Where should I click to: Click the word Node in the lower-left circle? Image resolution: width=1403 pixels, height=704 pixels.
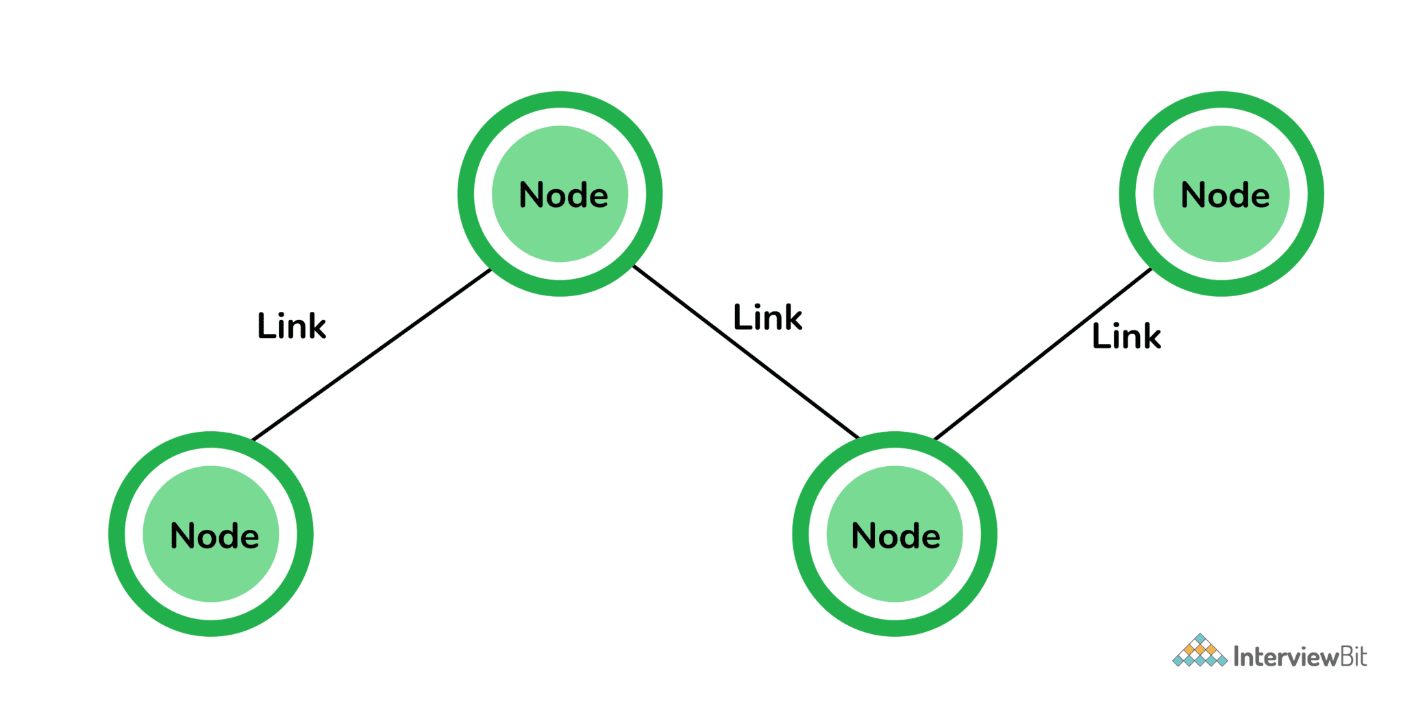(214, 536)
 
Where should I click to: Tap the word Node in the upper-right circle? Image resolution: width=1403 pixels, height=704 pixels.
(1225, 195)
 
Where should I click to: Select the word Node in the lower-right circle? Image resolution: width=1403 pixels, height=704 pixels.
(895, 536)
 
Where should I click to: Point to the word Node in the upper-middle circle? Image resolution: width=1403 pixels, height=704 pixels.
(563, 195)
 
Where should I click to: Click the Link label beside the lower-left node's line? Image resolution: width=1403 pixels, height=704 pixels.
(292, 326)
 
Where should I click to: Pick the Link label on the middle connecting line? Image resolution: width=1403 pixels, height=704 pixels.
(767, 317)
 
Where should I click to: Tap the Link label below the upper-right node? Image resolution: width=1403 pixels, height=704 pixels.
(1126, 336)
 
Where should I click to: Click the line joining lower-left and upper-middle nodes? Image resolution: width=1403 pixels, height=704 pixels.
(372, 354)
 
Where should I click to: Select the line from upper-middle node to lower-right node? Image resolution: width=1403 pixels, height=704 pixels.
(746, 352)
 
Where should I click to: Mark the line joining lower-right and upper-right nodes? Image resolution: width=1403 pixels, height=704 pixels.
(1043, 354)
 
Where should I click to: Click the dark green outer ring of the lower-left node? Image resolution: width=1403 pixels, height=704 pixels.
(117, 534)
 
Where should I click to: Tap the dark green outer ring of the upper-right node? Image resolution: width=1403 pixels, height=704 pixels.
(1128, 194)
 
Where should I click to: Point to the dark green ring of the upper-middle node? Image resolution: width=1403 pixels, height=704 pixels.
(467, 194)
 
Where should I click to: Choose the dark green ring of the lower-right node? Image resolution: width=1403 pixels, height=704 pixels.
(801, 534)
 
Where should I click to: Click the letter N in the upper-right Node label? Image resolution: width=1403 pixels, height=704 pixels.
(1193, 195)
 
